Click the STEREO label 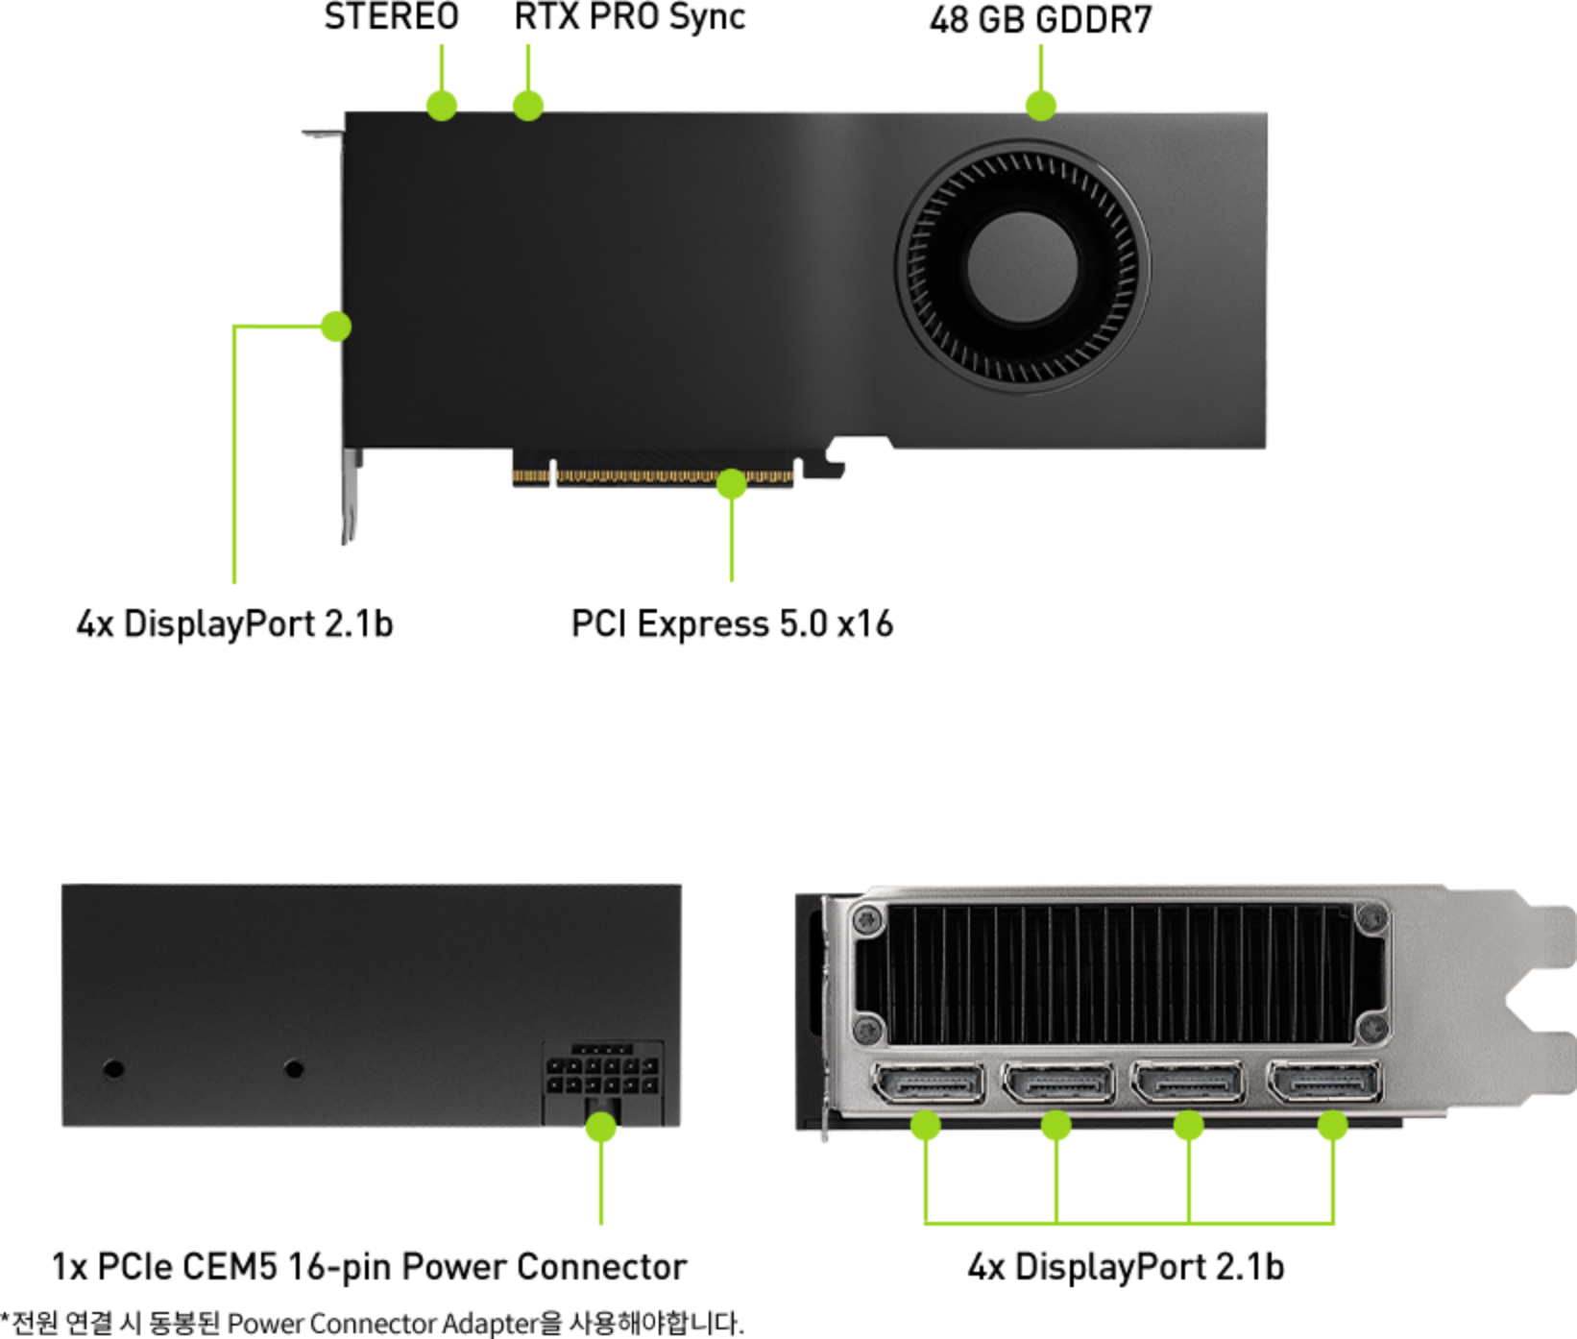(391, 16)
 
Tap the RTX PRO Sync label (629, 17)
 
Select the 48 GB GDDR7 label (1040, 19)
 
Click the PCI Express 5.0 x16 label (732, 623)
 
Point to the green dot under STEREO (442, 105)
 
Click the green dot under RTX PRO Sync (527, 105)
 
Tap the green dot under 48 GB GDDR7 (1041, 105)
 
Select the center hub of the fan (1023, 267)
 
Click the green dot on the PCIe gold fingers (732, 483)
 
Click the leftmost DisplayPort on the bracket (928, 1084)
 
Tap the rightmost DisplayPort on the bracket (1324, 1083)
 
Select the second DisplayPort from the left (1058, 1083)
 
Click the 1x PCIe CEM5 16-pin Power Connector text (370, 1267)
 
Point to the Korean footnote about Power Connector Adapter (373, 1323)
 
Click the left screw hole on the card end (113, 1068)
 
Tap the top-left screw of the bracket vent (869, 919)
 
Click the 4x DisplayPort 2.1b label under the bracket (1126, 1267)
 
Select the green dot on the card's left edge (336, 327)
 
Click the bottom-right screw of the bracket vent (1371, 1030)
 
